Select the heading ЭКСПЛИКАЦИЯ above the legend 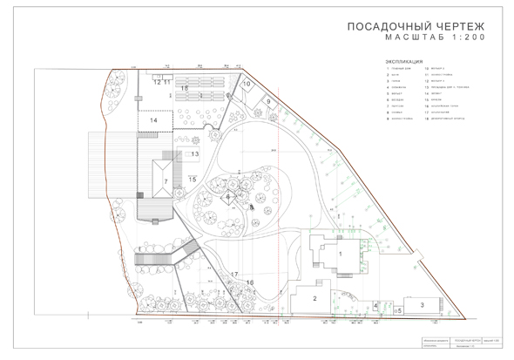pos(404,63)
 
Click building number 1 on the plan pos(341,253)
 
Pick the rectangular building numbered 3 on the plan pos(422,305)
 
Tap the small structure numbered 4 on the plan pos(375,305)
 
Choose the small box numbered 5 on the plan pos(397,309)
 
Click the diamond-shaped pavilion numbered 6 pos(227,197)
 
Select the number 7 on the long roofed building pos(165,181)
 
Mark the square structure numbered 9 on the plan pos(269,102)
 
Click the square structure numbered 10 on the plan pos(247,85)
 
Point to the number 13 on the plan pos(195,153)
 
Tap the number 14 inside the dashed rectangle pos(153,120)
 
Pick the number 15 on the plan pos(193,179)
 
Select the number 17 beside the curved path pos(234,275)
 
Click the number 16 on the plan pos(249,282)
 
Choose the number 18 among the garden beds pos(185,89)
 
